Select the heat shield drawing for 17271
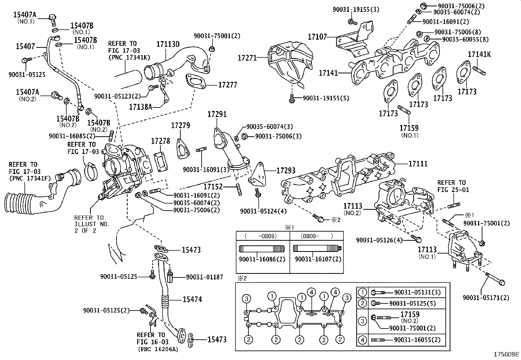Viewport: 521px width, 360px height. [x=288, y=62]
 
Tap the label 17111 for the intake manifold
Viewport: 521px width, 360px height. [x=418, y=164]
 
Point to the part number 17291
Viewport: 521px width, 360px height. [x=217, y=114]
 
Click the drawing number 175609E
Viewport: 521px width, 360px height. [x=507, y=354]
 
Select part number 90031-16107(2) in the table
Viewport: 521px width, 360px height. [x=318, y=259]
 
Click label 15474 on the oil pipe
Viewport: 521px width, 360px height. [x=192, y=299]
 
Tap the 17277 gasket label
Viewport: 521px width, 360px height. [x=228, y=85]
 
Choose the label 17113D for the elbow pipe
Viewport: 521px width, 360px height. [x=168, y=44]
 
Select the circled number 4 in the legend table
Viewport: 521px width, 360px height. [x=362, y=340]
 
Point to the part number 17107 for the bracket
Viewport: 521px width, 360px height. [x=317, y=37]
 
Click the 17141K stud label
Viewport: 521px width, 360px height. [x=479, y=54]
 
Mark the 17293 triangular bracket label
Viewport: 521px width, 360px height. [x=286, y=170]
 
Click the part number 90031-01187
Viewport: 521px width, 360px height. [x=204, y=277]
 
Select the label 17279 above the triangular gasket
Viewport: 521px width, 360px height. [x=181, y=125]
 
